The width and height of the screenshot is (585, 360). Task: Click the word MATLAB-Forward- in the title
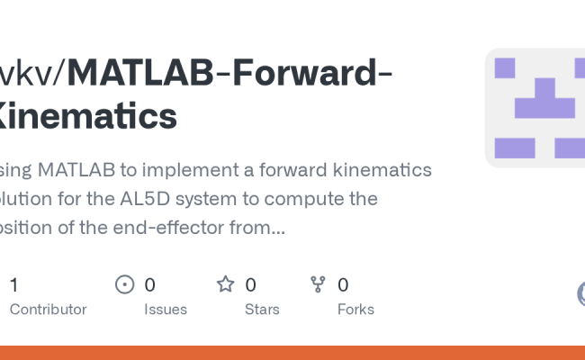[229, 72]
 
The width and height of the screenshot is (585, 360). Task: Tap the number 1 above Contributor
[13, 285]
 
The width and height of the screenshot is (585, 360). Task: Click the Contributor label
[48, 309]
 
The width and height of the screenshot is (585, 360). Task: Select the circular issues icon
[125, 285]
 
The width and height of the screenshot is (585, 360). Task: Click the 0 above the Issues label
[149, 285]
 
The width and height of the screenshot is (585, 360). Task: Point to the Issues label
[166, 309]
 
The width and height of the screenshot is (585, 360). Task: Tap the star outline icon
[226, 285]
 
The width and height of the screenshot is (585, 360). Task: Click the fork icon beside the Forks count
[318, 285]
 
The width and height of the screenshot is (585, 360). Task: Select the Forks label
[355, 309]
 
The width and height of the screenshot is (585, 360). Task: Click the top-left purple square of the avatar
[505, 67]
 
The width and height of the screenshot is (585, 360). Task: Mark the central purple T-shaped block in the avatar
[544, 100]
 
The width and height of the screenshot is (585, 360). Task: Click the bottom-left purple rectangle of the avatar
[515, 148]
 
